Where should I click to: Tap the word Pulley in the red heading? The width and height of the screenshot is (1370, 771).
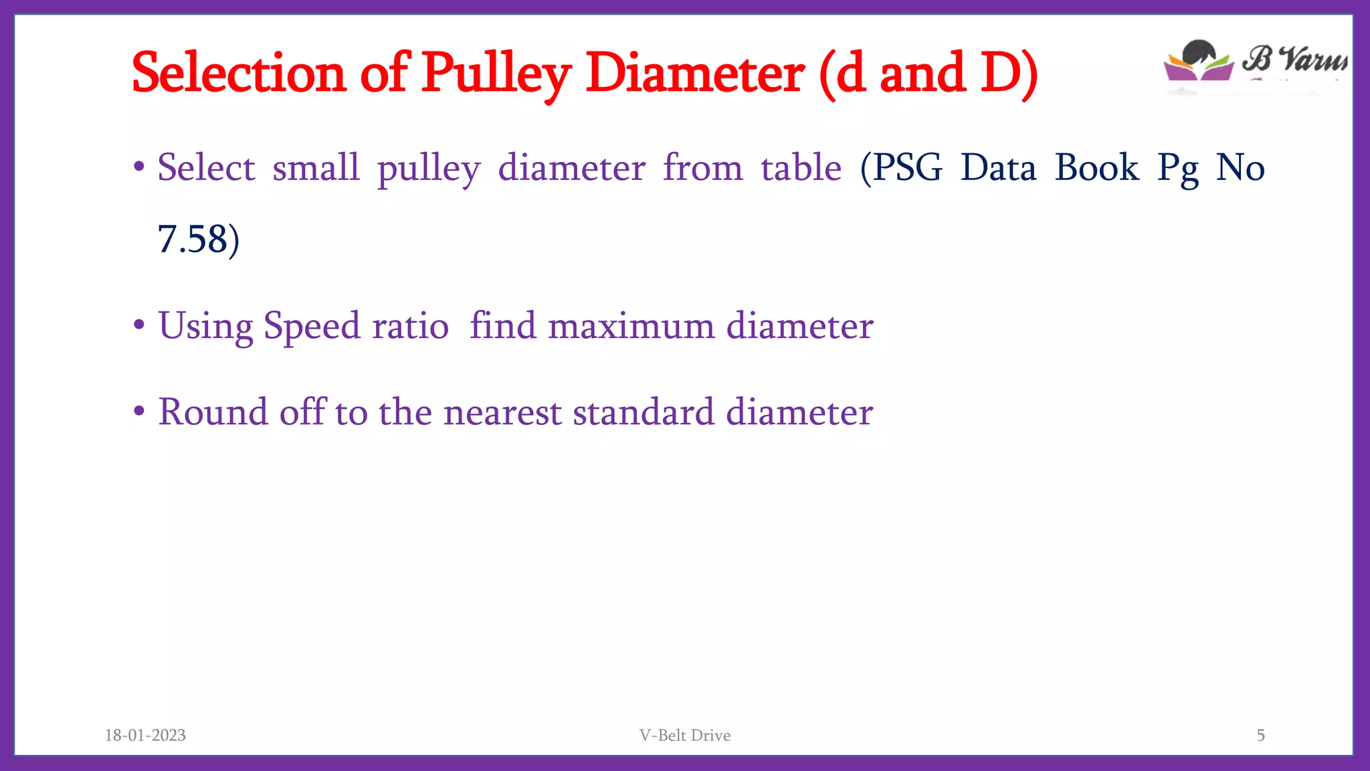coord(496,74)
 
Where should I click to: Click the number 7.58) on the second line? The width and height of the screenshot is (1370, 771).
coord(198,240)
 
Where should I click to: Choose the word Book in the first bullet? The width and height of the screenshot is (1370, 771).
coord(1096,167)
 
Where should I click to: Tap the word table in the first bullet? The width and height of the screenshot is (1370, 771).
coord(801,167)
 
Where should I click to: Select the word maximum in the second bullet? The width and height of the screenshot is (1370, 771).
coord(631,327)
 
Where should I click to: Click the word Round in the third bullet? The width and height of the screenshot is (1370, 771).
coord(212,412)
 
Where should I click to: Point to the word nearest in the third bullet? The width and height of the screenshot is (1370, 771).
coord(502,412)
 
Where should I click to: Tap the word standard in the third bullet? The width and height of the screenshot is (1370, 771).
coord(644,412)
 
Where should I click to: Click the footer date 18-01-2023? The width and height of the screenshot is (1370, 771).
coord(145,736)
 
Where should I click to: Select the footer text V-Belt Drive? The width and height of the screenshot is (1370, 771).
coord(684,736)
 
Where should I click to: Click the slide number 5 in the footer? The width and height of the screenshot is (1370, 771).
coord(1260,736)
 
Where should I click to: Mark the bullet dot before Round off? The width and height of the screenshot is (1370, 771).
coord(139,411)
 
